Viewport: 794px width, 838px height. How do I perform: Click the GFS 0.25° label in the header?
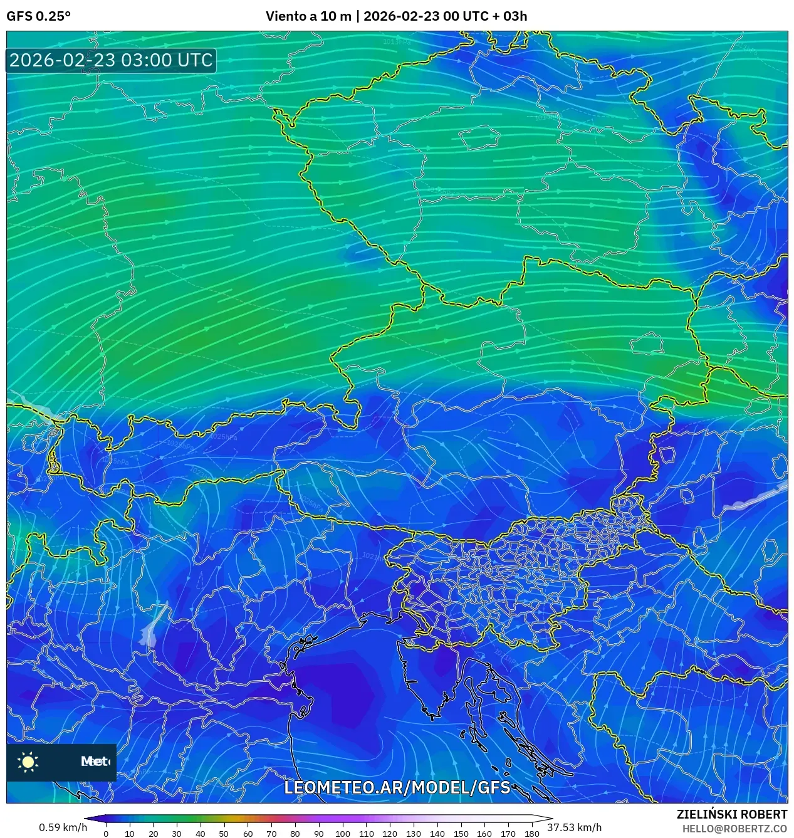38,16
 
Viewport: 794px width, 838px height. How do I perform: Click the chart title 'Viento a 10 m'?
308,16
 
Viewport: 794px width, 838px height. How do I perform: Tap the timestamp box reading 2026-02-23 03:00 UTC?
111,60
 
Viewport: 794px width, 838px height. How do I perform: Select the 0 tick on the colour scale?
106,834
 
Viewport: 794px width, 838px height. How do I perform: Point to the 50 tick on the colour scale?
224,834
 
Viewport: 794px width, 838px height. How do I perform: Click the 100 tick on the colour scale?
342,834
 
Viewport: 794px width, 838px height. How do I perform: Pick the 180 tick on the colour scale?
531,834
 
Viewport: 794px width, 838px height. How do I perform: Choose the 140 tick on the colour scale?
437,834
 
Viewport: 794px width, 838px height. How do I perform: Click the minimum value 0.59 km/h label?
63,827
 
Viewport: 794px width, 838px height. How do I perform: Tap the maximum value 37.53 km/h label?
575,827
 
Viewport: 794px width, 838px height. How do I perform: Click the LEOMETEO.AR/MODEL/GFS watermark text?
397,787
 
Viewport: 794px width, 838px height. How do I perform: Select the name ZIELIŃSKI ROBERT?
731,814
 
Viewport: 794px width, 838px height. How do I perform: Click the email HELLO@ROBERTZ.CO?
734,829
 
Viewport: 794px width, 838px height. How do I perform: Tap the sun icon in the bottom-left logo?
28,762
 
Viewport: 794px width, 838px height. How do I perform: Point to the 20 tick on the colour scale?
153,834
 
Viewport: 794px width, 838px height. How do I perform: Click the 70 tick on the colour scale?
271,834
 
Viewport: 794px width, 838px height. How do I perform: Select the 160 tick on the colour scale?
484,834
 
